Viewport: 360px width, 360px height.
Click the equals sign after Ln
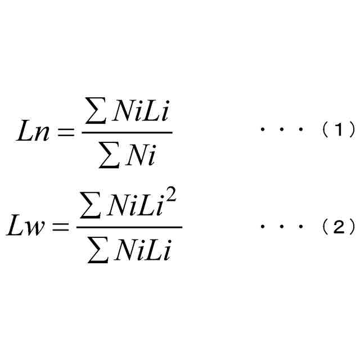coord(66,133)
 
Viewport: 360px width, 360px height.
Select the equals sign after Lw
coord(61,228)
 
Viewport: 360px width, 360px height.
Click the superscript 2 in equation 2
coord(172,199)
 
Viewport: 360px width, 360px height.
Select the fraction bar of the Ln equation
coord(127,133)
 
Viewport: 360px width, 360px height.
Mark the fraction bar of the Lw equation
coord(129,227)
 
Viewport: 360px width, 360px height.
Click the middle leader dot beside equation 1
coord(282,130)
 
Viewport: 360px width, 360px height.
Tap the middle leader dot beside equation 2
coord(282,227)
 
